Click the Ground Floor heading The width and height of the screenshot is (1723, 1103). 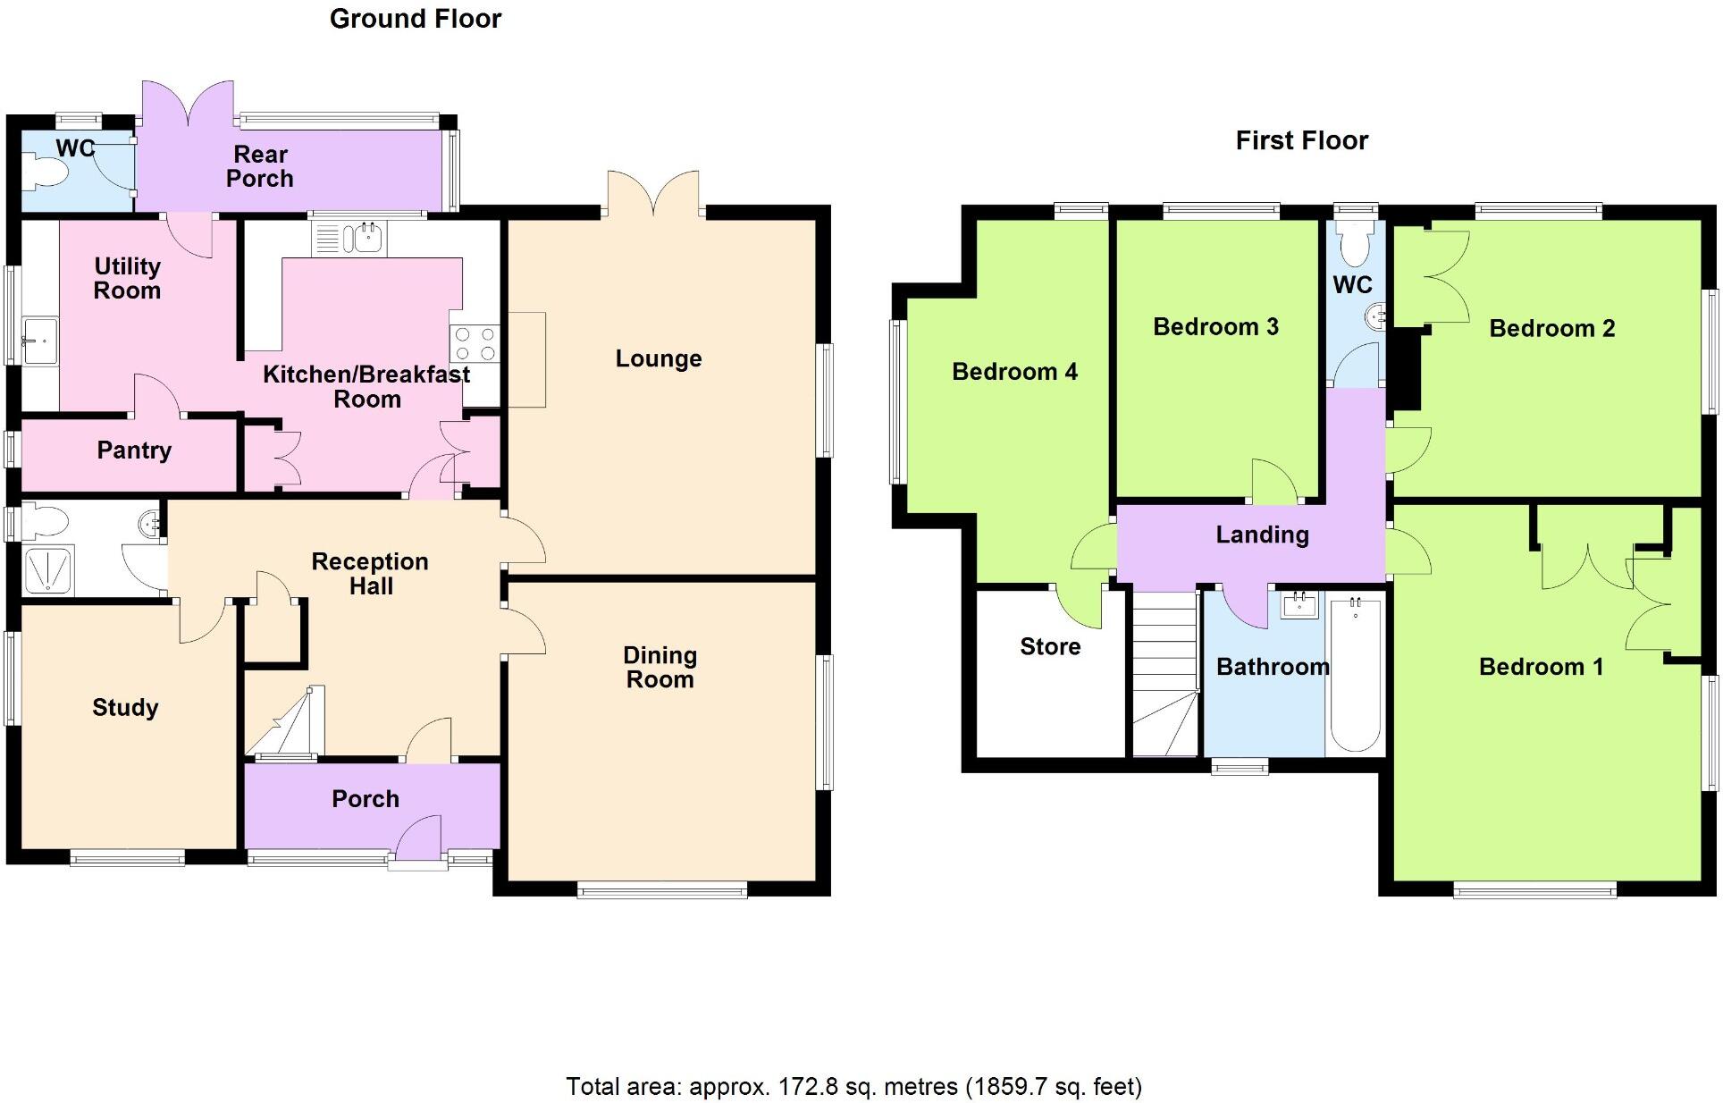click(416, 19)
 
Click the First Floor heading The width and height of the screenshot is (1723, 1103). click(1301, 140)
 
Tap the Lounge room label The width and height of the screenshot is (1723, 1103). click(659, 358)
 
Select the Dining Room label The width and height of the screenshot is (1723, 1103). click(660, 667)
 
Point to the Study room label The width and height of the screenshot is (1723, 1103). click(125, 708)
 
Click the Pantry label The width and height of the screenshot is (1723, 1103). click(134, 450)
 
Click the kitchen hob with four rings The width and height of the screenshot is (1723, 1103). click(475, 344)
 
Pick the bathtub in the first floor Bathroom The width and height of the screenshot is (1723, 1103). click(1355, 675)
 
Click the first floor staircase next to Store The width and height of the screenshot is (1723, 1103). click(1165, 675)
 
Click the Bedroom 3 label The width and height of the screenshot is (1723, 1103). click(1215, 327)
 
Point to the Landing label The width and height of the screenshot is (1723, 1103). click(1262, 535)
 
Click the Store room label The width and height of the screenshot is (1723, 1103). click(1050, 646)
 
